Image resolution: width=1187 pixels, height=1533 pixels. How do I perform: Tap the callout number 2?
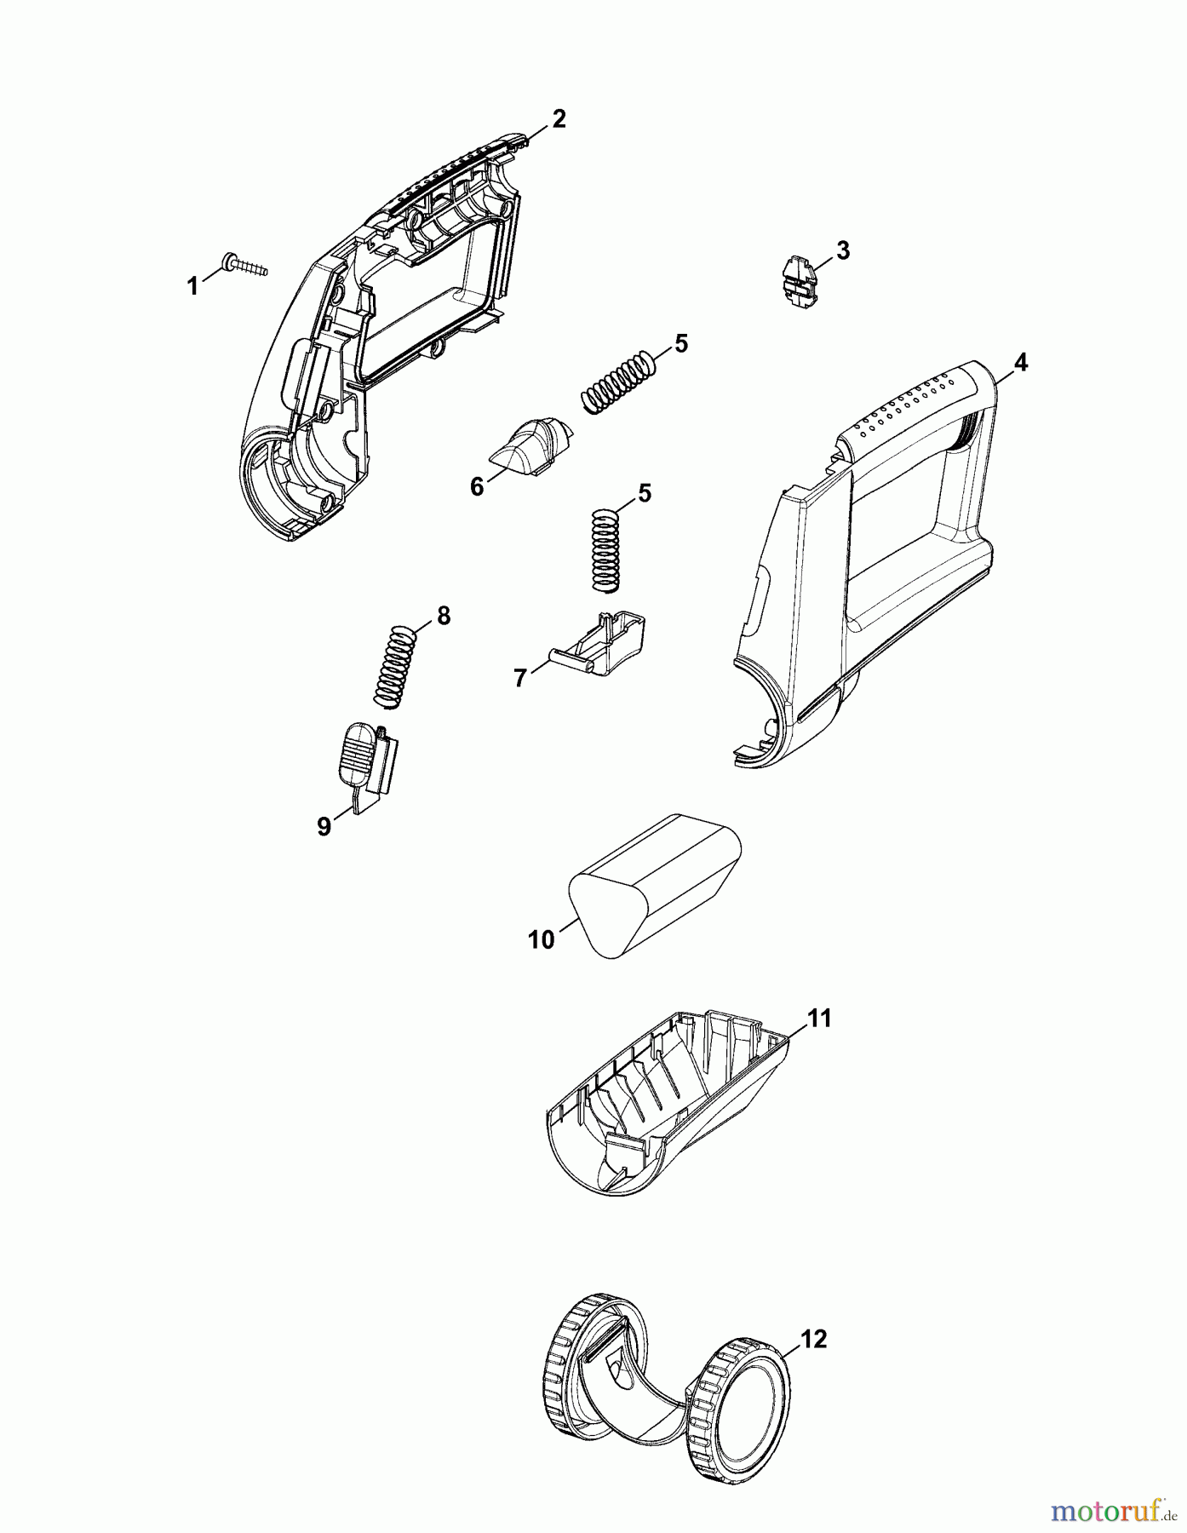point(559,118)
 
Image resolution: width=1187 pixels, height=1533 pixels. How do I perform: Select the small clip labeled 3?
point(797,278)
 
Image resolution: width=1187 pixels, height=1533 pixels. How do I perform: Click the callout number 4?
point(1020,363)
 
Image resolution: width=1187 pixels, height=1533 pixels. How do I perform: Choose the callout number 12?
point(814,1340)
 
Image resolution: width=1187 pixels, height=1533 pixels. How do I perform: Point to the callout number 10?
point(542,939)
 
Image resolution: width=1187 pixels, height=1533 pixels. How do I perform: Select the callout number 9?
point(324,826)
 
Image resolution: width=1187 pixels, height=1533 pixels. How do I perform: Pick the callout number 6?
point(477,486)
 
